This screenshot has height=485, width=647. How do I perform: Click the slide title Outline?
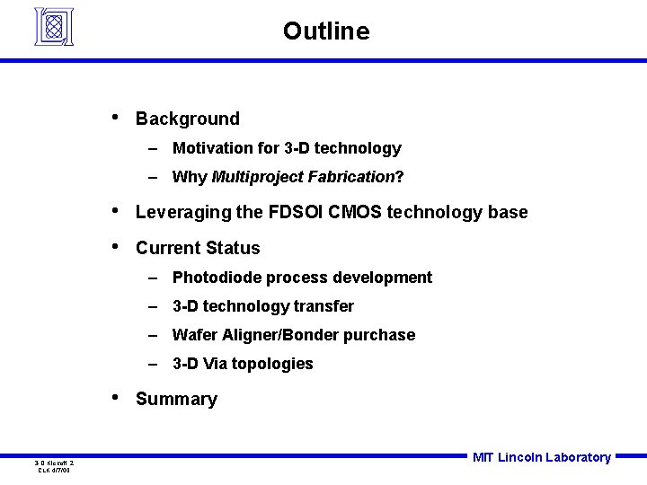tap(325, 31)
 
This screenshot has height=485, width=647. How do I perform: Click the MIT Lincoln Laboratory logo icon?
tap(53, 26)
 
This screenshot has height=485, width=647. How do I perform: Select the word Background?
tap(188, 119)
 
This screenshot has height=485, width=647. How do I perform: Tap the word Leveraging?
tap(184, 213)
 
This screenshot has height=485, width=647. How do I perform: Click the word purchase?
tap(384, 335)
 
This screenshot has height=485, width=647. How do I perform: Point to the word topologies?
tap(272, 364)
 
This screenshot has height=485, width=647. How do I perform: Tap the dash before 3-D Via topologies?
tap(155, 364)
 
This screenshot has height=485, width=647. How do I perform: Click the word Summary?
tap(176, 400)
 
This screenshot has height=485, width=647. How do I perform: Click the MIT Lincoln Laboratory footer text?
tap(541, 457)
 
